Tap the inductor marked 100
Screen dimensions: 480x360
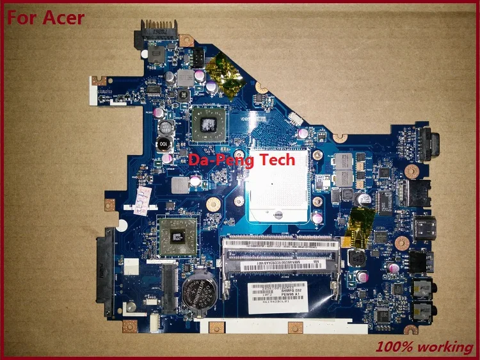coord(164,144)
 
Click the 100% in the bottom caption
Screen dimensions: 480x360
coord(392,347)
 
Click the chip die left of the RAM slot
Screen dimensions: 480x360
coord(177,236)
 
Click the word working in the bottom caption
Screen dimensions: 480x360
coord(445,347)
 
